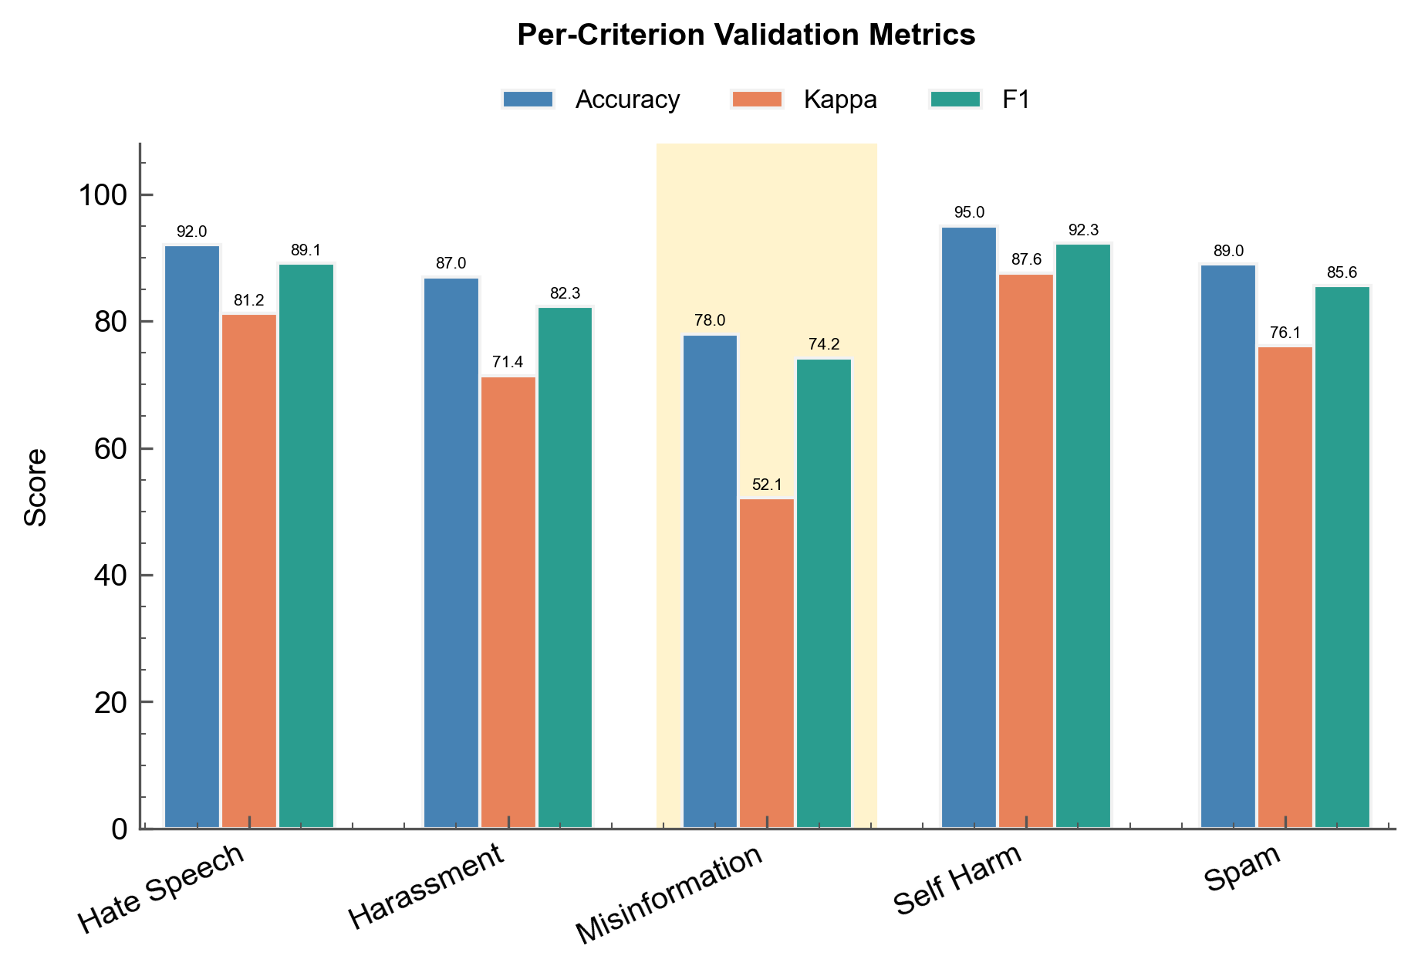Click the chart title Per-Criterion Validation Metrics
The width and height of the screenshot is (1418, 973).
(746, 35)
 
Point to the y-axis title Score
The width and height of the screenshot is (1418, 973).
(35, 487)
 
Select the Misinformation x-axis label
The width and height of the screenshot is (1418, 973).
(670, 894)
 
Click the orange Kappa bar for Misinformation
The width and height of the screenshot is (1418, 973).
(767, 664)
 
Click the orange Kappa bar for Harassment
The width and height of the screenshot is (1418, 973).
(508, 602)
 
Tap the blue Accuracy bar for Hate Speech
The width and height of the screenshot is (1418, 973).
(192, 537)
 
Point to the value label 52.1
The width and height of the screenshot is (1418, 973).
(767, 485)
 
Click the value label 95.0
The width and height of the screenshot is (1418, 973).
(969, 213)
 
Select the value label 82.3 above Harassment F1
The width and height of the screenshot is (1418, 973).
(565, 294)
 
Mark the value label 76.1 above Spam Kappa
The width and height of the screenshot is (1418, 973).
(1285, 333)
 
